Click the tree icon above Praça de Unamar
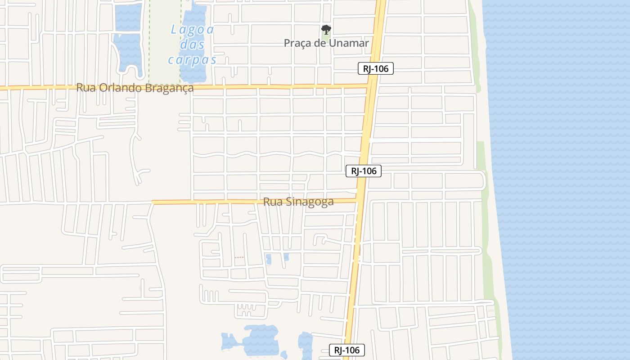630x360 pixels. click(x=326, y=30)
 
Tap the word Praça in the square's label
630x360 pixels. click(x=297, y=43)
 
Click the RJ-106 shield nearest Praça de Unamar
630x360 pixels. click(x=376, y=68)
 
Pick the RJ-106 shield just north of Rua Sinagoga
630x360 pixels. click(x=364, y=171)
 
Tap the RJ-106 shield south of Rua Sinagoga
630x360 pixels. click(x=346, y=350)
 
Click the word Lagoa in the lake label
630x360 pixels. click(x=193, y=30)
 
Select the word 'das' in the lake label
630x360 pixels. click(x=193, y=45)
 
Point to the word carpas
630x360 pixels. click(x=193, y=60)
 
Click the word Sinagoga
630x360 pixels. click(x=310, y=202)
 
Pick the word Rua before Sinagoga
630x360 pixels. click(x=273, y=202)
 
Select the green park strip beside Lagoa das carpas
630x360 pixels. click(x=164, y=40)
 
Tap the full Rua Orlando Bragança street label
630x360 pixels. click(x=135, y=88)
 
